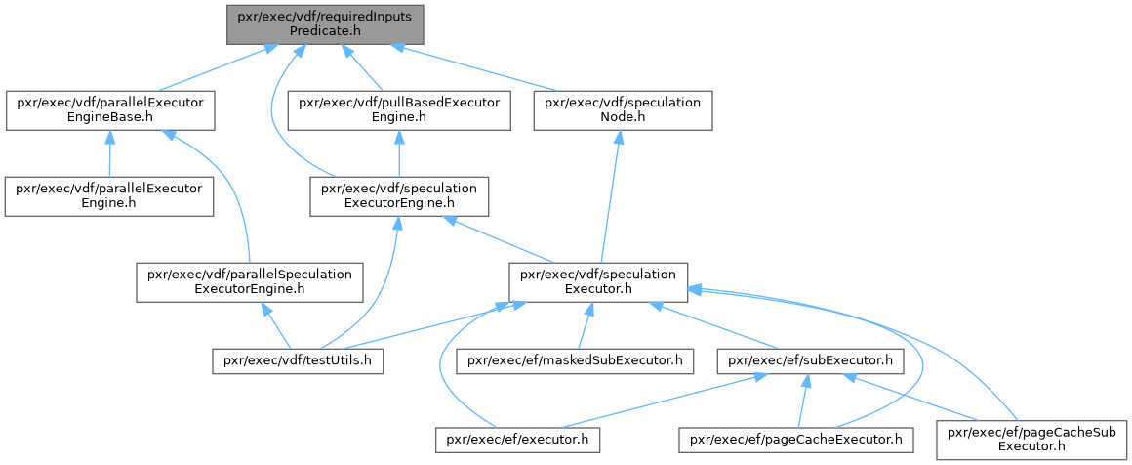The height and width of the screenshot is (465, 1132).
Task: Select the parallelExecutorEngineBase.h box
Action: tap(110, 110)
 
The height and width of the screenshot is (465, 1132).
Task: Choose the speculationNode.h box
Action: tap(623, 110)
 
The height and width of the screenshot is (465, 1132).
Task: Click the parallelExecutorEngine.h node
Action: tap(110, 195)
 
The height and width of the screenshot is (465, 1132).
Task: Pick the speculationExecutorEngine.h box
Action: tap(399, 195)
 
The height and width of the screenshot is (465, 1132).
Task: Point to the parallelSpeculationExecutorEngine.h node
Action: tap(250, 281)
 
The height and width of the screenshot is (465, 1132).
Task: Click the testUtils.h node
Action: tap(298, 361)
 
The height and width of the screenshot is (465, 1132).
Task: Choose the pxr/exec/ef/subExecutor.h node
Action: tap(809, 361)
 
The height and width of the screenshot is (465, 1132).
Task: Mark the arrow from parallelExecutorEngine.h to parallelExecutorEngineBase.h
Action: tap(110, 153)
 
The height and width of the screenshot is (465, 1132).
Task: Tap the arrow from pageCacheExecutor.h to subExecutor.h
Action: tap(802, 401)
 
